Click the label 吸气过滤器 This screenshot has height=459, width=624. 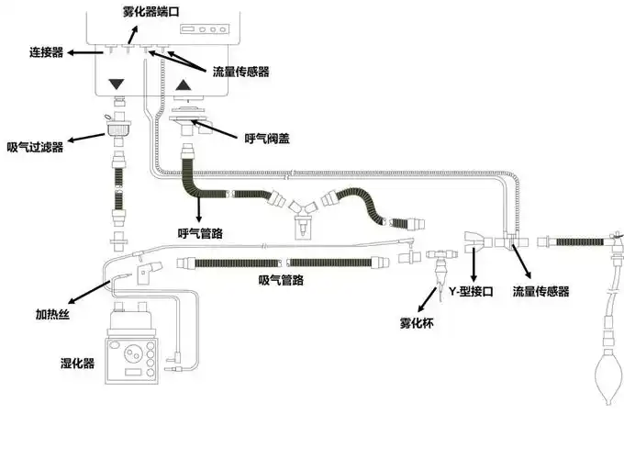coord(35,147)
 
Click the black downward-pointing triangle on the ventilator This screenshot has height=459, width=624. coord(116,85)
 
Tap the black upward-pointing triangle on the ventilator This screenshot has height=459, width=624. coord(184,86)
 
